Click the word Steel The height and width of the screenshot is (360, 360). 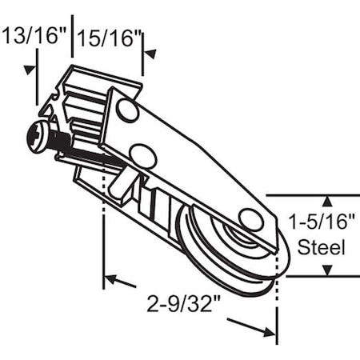click(322, 247)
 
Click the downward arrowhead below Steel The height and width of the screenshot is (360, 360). click(326, 270)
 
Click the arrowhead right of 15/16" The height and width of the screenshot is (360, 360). click(149, 54)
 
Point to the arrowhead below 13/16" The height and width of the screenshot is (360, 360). click(31, 67)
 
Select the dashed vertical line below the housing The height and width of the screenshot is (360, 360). click(104, 240)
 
